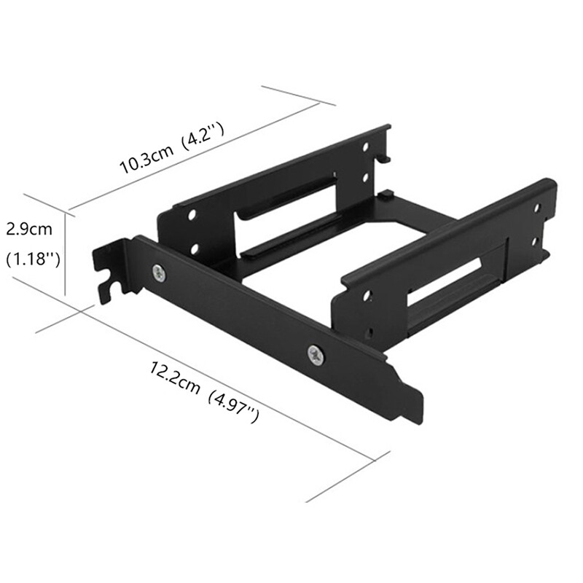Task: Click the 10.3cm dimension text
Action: click(x=146, y=158)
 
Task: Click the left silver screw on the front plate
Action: click(x=159, y=273)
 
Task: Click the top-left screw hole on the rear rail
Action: click(x=192, y=216)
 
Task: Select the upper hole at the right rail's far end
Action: click(x=537, y=208)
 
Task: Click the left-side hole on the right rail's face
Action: click(x=367, y=295)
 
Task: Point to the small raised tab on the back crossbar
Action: click(x=386, y=195)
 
